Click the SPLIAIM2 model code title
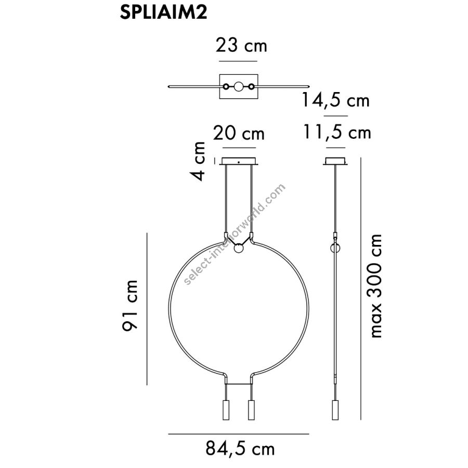point(164,12)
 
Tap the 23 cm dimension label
point(241,45)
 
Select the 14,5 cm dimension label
point(336,100)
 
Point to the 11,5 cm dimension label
point(337,132)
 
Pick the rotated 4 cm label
point(199,161)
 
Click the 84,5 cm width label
point(240,449)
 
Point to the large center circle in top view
point(239,86)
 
